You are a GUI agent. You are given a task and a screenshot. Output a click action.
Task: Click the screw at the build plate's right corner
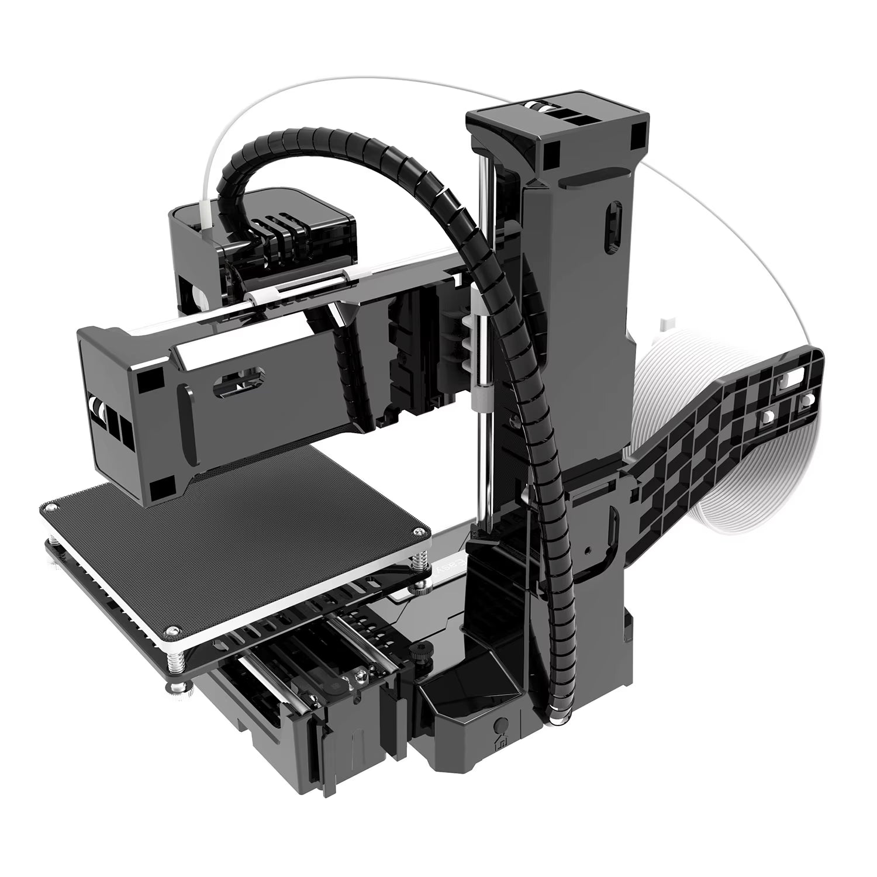pyautogui.click(x=419, y=531)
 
